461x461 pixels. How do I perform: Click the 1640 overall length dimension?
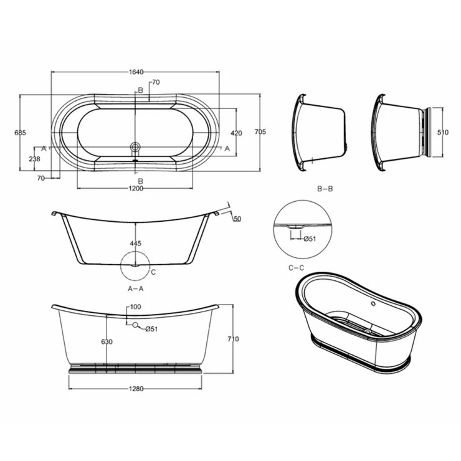tap(136, 72)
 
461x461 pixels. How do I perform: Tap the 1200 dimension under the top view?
tap(136, 188)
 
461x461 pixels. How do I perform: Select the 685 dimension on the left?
tap(21, 133)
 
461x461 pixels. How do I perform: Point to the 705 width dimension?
tap(260, 131)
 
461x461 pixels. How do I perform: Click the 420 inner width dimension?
tap(236, 133)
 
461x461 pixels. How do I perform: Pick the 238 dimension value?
tap(35, 159)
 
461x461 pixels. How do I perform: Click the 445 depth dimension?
tap(136, 244)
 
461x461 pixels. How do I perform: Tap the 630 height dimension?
tap(107, 341)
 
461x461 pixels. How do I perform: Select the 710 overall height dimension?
tap(233, 339)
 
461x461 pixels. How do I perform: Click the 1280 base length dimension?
tap(136, 389)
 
